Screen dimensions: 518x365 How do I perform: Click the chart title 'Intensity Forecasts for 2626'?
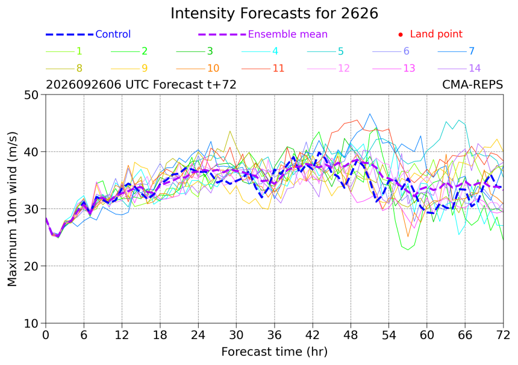(274, 13)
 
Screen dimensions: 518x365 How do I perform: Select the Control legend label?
(113, 34)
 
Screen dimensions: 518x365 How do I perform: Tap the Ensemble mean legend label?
(288, 34)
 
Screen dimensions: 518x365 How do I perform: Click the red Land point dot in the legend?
(401, 34)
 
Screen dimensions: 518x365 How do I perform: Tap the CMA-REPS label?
(472, 84)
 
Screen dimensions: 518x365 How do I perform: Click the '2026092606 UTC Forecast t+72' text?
(141, 84)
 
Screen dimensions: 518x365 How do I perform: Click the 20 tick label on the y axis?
(31, 266)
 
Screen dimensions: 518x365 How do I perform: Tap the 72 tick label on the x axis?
(503, 335)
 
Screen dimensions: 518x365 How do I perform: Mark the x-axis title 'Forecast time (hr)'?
(274, 352)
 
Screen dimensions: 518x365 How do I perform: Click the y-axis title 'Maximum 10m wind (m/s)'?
(12, 209)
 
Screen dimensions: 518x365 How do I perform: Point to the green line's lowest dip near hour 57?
(408, 250)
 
